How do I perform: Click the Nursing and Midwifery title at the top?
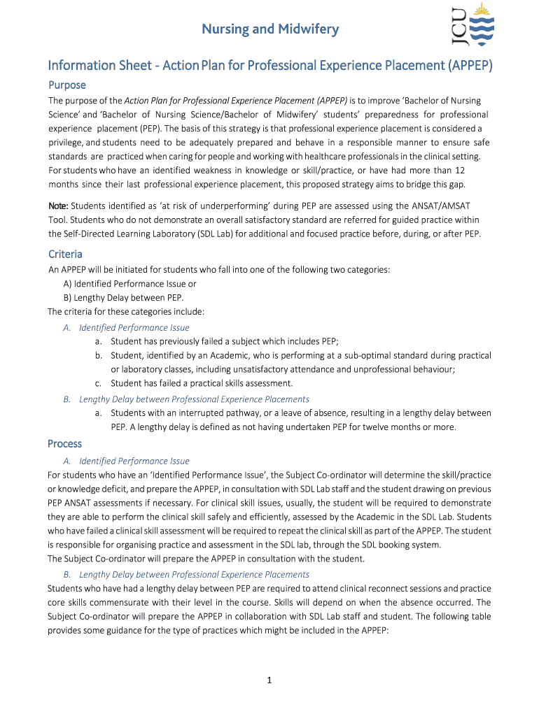270,29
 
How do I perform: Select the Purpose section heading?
67,85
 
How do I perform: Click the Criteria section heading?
65,254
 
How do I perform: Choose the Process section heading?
64,443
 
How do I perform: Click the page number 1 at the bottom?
269,682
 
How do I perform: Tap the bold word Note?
58,206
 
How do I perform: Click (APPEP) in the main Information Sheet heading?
470,66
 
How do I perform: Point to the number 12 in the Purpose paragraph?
460,170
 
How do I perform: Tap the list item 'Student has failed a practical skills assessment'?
202,382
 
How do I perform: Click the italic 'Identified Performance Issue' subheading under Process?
134,461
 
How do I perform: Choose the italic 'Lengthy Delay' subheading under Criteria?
194,399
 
